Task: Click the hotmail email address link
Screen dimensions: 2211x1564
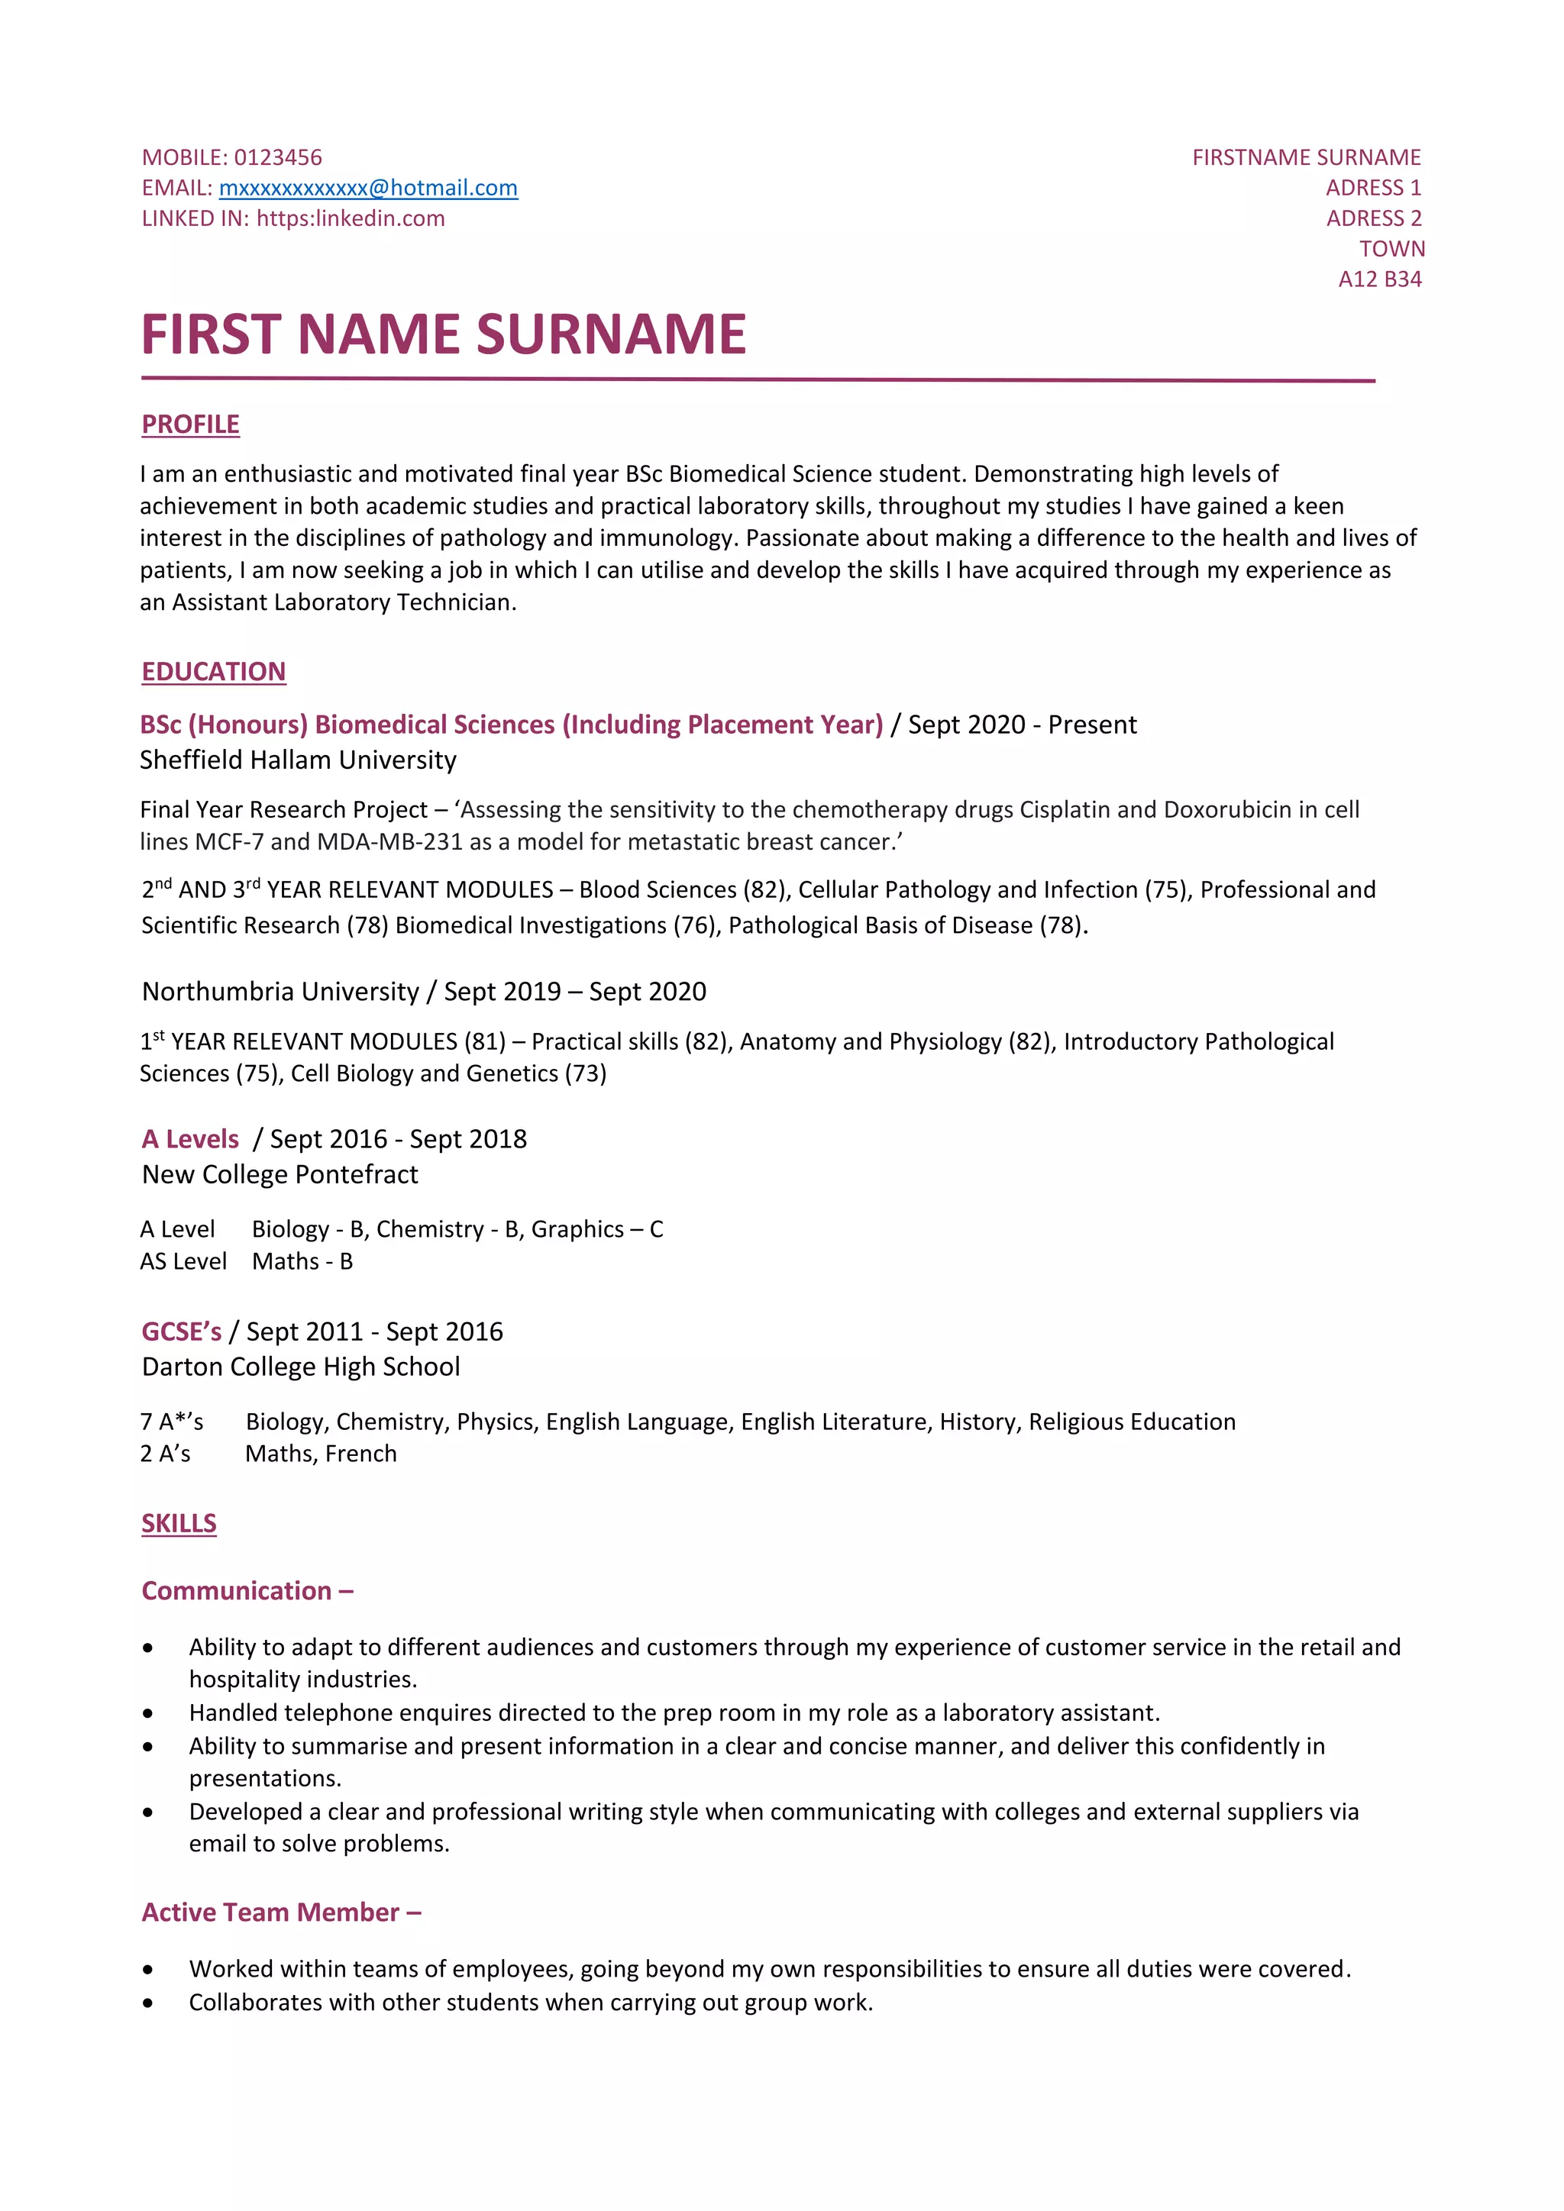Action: [x=368, y=188]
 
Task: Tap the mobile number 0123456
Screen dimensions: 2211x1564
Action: [x=277, y=157]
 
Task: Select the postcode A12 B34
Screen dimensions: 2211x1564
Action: [x=1379, y=279]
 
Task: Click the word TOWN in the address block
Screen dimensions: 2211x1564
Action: [x=1391, y=248]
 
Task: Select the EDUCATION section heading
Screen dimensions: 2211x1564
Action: [x=213, y=671]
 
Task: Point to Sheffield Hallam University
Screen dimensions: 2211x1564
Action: [x=298, y=760]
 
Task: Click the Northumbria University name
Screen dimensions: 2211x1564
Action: [x=280, y=991]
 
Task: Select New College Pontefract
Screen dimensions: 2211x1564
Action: [x=280, y=1174]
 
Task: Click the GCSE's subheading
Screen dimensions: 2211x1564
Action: [x=181, y=1331]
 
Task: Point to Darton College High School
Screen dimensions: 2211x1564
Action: [x=300, y=1367]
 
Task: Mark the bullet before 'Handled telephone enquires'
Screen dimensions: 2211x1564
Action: [x=147, y=1713]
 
